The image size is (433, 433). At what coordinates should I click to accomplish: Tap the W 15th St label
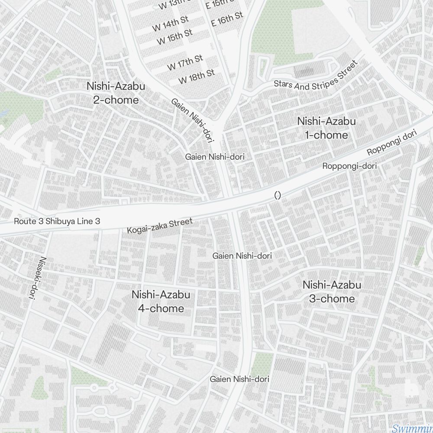click(x=174, y=37)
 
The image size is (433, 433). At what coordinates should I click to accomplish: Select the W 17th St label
click(x=185, y=63)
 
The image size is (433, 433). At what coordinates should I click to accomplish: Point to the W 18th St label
click(x=197, y=77)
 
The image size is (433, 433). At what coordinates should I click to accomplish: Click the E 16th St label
click(x=227, y=19)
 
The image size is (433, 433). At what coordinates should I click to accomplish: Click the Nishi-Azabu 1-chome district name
click(x=326, y=128)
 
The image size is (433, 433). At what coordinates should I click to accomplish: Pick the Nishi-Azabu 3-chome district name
click(x=332, y=292)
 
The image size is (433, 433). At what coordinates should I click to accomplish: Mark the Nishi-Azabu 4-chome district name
click(x=161, y=301)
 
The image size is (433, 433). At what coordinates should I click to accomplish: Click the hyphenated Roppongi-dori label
click(x=349, y=166)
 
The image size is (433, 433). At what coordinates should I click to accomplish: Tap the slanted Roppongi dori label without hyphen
click(x=391, y=143)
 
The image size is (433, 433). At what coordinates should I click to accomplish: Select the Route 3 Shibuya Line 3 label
click(x=57, y=221)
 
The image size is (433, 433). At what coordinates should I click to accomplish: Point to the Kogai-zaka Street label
click(x=160, y=226)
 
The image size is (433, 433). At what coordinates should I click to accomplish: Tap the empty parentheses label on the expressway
click(x=278, y=196)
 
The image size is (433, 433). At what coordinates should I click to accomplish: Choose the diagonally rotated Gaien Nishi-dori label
click(x=193, y=120)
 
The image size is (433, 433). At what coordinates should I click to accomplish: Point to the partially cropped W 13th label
click(x=175, y=4)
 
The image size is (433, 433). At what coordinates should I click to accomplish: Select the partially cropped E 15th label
click(x=220, y=4)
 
